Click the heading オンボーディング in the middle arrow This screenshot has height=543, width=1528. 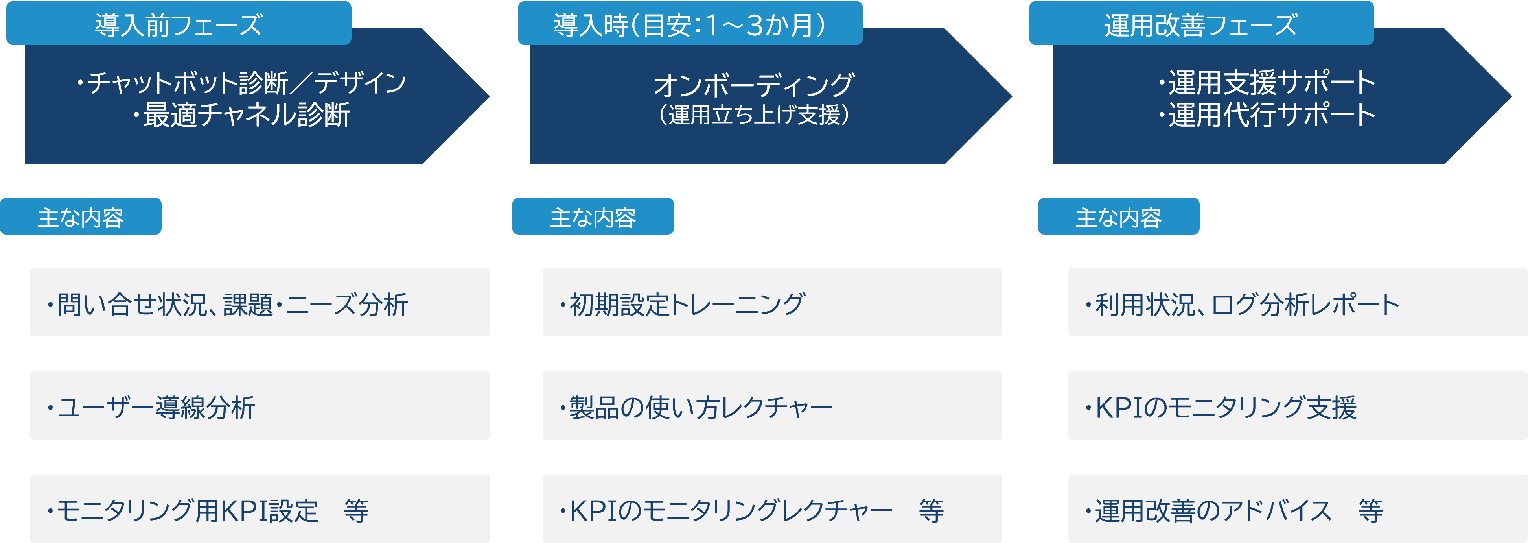click(x=753, y=85)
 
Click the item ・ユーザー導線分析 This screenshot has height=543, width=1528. click(x=260, y=406)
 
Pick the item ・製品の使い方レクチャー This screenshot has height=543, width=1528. click(x=772, y=406)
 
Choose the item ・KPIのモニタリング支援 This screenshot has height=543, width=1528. click(x=1297, y=406)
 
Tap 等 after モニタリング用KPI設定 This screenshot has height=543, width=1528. click(x=356, y=510)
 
